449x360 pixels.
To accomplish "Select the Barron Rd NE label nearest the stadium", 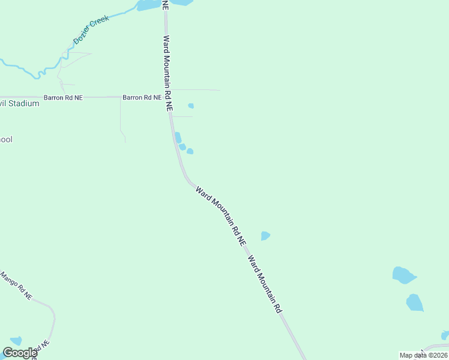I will pos(62,97).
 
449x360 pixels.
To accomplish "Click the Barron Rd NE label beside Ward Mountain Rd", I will pos(142,97).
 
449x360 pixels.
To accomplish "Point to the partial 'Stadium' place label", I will pos(20,103).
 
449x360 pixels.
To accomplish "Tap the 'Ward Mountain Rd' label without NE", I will pos(265,286).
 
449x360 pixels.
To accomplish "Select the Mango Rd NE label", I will pos(16,286).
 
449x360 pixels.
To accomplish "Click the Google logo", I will pos(20,353).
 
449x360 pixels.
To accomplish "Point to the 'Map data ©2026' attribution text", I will pos(423,355).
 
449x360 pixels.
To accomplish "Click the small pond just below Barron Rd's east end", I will pos(191,106).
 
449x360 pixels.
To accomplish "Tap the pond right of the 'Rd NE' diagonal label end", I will pos(265,236).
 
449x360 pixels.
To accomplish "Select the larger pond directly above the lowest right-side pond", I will pos(404,275).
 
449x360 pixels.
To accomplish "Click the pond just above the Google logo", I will pos(16,341).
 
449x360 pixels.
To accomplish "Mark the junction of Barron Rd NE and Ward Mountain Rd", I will pos(169,97).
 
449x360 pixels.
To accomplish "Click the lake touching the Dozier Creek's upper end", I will pos(148,5).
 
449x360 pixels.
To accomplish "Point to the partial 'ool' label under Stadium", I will pos(6,139).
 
